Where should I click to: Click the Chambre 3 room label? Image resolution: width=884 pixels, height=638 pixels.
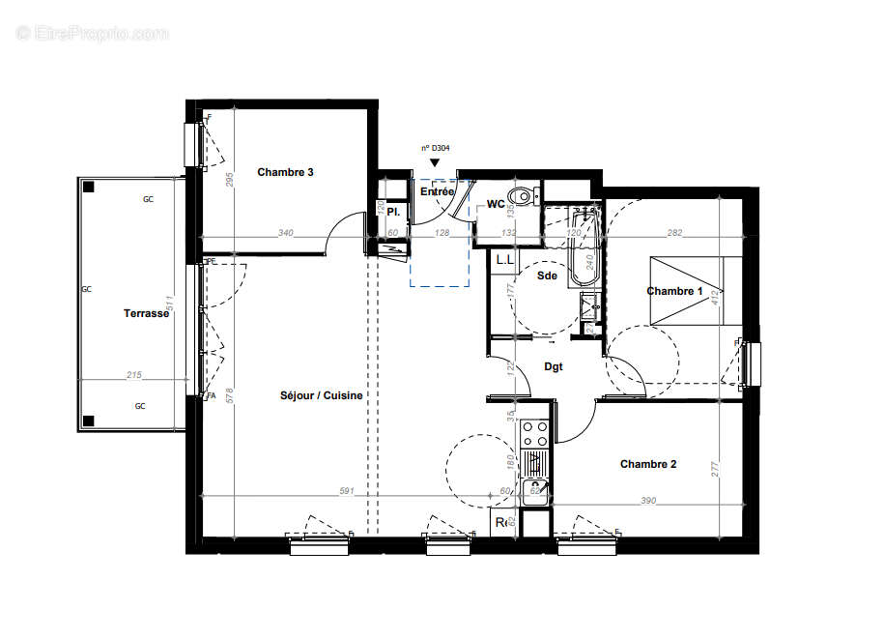[x=285, y=173]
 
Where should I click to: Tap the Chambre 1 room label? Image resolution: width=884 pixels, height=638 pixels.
[x=674, y=291]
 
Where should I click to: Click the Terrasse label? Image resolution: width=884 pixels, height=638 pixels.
[x=147, y=313]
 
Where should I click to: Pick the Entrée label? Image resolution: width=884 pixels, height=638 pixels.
[x=437, y=192]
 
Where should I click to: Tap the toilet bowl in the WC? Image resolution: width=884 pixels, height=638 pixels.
[x=522, y=197]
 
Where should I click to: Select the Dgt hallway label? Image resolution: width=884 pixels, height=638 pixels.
[x=553, y=367]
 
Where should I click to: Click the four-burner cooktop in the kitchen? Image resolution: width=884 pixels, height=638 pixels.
[x=535, y=434]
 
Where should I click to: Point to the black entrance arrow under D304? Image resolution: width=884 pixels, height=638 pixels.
[x=435, y=164]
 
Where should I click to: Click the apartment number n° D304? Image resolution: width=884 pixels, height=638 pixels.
[x=435, y=148]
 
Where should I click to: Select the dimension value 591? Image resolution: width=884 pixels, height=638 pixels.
[x=347, y=491]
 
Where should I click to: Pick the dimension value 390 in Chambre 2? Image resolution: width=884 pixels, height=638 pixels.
[x=647, y=500]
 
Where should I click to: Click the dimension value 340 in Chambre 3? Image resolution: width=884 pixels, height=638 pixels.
[x=285, y=233]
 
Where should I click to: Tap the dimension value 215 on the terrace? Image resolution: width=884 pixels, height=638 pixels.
[x=133, y=375]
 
